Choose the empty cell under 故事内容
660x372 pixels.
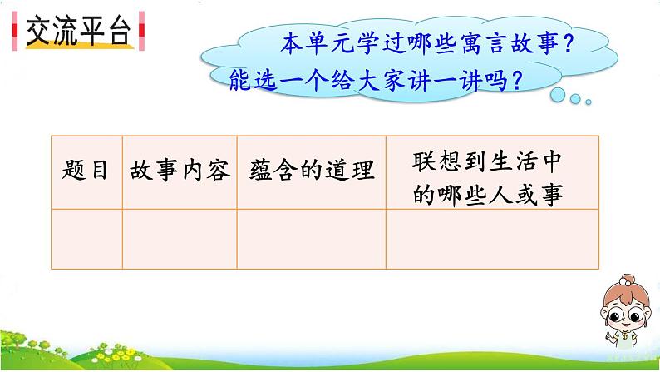click(x=180, y=240)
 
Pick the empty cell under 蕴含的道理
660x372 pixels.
click(x=311, y=240)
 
